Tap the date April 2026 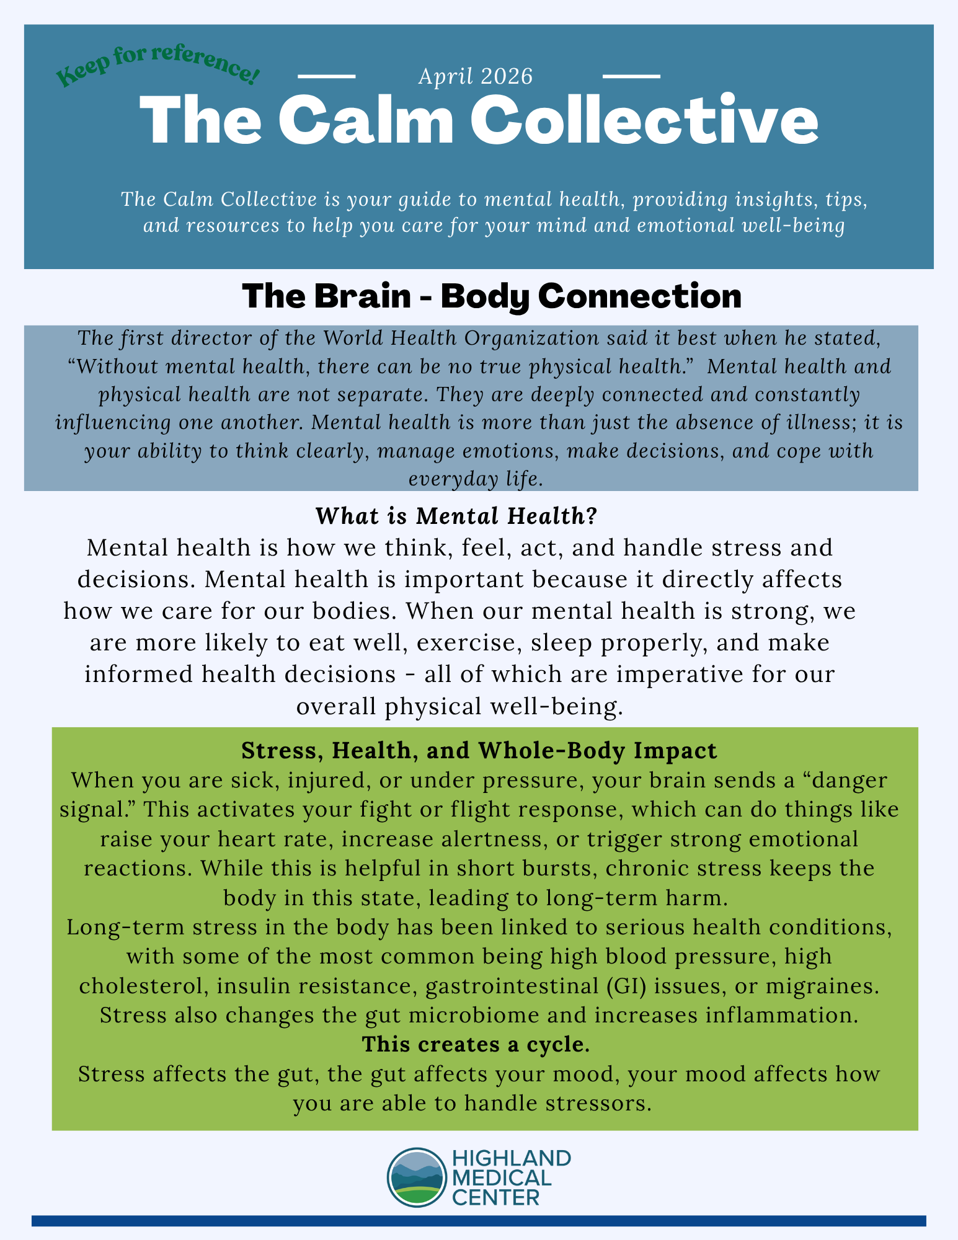476,76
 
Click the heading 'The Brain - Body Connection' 491,296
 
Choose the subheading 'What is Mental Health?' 456,516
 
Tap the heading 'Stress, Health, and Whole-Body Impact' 479,751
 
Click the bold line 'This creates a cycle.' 476,1045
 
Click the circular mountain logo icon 415,1177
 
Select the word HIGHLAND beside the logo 512,1158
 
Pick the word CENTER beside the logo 495,1197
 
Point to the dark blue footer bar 479,1221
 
